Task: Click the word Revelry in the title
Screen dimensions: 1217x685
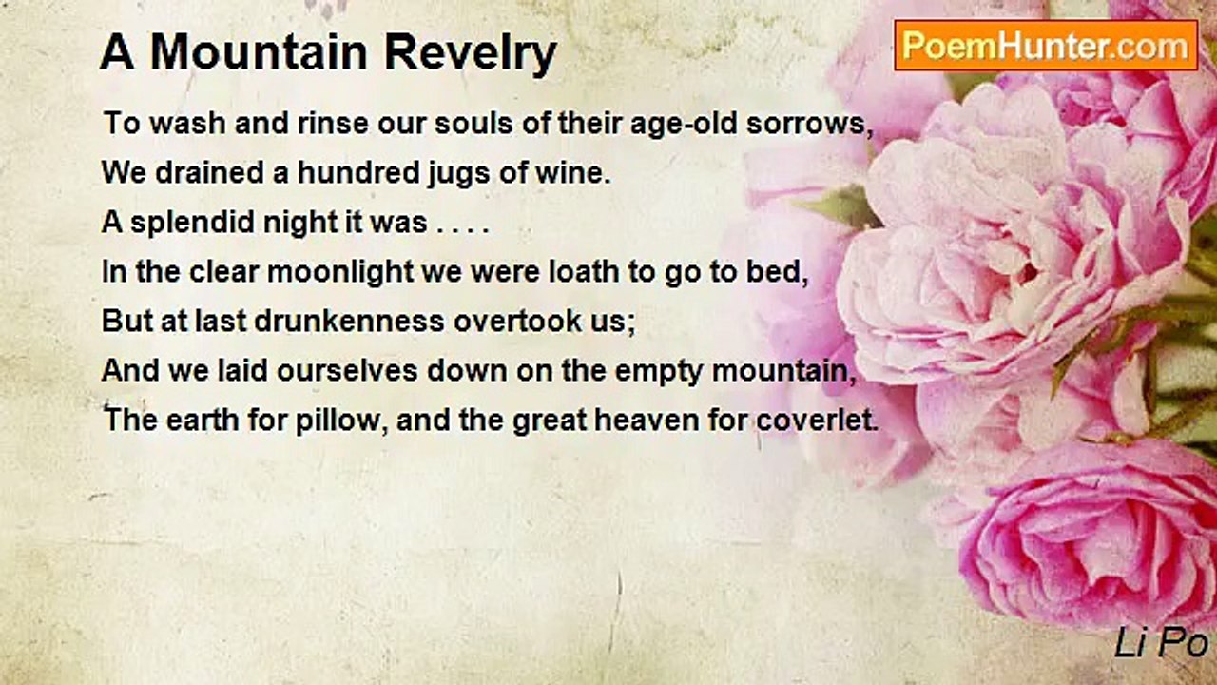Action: pos(471,53)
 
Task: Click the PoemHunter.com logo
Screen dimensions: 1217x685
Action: pos(1046,46)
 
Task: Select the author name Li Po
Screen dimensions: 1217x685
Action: pos(1161,643)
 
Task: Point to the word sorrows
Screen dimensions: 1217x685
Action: pos(809,124)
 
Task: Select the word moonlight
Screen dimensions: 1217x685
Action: pos(340,272)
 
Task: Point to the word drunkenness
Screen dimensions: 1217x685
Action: pos(349,322)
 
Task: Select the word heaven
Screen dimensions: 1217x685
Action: pos(647,421)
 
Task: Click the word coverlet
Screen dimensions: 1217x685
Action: pos(817,421)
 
